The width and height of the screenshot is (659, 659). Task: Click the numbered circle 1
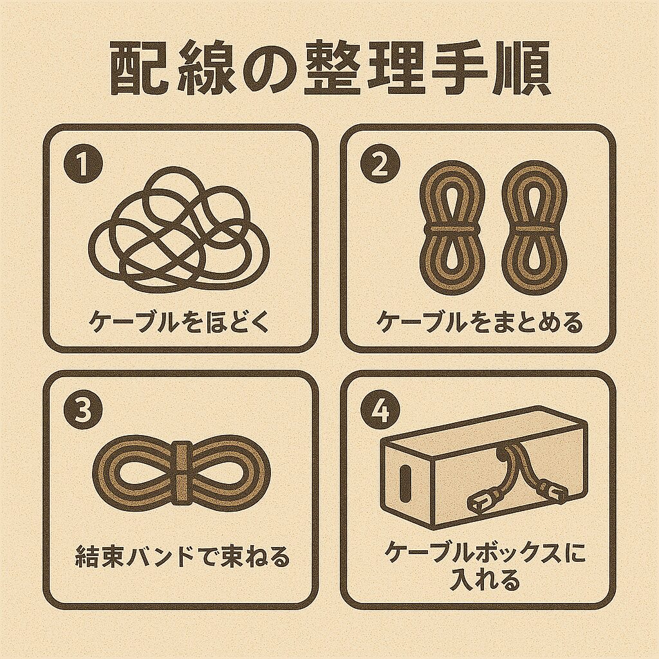pyautogui.click(x=83, y=165)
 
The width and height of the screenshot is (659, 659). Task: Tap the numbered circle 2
pyautogui.click(x=380, y=165)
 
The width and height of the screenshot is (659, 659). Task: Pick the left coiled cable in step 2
pyautogui.click(x=452, y=228)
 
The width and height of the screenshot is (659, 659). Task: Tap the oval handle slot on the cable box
pyautogui.click(x=406, y=479)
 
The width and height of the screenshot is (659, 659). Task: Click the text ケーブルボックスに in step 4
pyautogui.click(x=486, y=553)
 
